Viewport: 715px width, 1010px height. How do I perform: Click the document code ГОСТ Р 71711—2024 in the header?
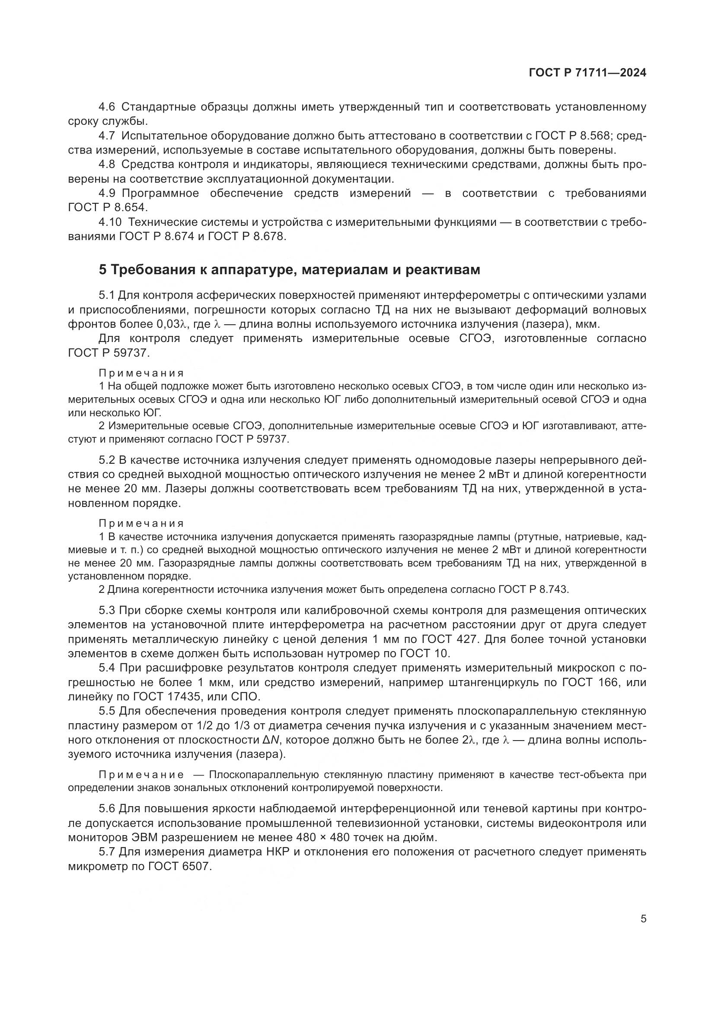tap(587, 73)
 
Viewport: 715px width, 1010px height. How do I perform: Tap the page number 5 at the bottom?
tap(643, 918)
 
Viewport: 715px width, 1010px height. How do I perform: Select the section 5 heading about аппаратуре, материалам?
tap(289, 269)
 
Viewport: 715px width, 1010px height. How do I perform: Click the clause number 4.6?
tap(106, 107)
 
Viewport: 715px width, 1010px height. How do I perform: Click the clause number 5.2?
tap(106, 460)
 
